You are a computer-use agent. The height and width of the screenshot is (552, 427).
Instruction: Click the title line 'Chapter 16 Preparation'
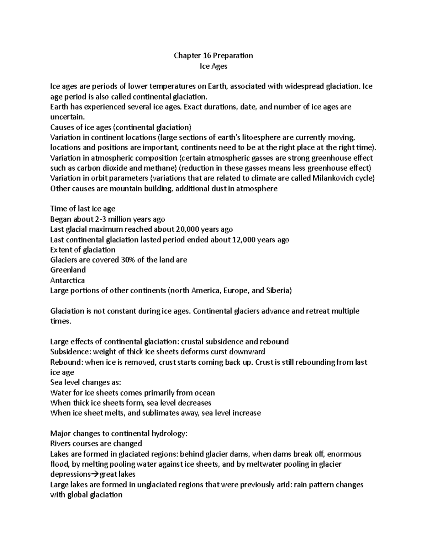pyautogui.click(x=213, y=55)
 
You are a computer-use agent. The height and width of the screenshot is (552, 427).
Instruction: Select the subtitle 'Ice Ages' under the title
pyautogui.click(x=213, y=66)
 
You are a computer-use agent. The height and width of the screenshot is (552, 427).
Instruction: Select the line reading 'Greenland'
pyautogui.click(x=68, y=270)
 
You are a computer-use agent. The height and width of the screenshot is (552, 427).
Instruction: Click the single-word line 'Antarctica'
pyautogui.click(x=68, y=280)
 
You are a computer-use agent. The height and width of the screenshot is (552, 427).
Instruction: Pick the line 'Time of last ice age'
pyautogui.click(x=83, y=209)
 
